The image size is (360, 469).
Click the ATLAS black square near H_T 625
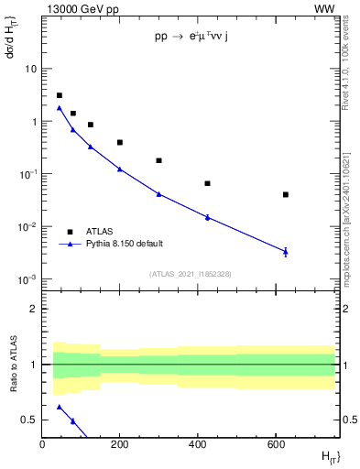pyautogui.click(x=286, y=194)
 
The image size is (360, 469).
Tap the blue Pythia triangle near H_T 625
pyautogui.click(x=286, y=251)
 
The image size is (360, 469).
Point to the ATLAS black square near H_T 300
pyautogui.click(x=158, y=160)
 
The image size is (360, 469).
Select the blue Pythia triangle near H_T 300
pyautogui.click(x=158, y=193)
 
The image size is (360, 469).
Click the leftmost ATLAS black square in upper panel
pyautogui.click(x=60, y=95)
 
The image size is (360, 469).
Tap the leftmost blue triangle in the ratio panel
pyautogui.click(x=60, y=407)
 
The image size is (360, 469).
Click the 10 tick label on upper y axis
pyautogui.click(x=30, y=69)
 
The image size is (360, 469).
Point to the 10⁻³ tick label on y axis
pyautogui.click(x=27, y=279)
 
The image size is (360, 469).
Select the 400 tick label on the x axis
pyautogui.click(x=198, y=444)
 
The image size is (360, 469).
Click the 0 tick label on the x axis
pyautogui.click(x=42, y=444)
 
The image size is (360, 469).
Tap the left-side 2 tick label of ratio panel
pyautogui.click(x=33, y=310)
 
